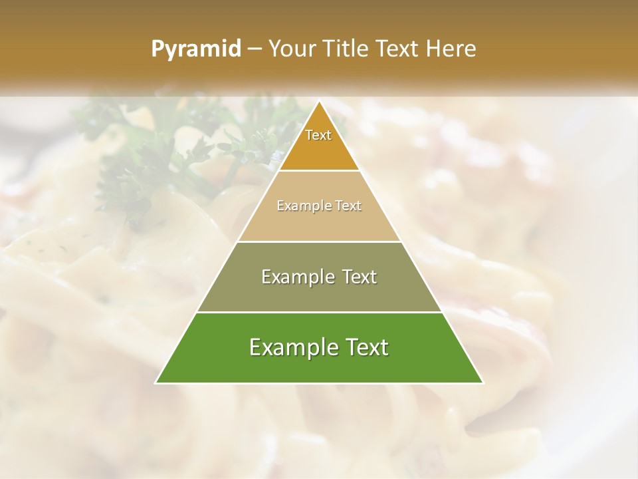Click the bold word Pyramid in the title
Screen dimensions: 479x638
click(195, 49)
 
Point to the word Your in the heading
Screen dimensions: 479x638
click(293, 49)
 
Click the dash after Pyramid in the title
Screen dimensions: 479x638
click(254, 49)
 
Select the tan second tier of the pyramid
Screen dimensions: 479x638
click(319, 223)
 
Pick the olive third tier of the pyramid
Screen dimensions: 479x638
click(319, 293)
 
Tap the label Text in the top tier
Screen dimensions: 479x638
click(318, 135)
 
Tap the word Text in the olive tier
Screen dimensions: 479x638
click(360, 277)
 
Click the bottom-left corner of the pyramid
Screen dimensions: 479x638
click(156, 383)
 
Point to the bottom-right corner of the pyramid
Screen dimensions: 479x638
click(483, 383)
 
